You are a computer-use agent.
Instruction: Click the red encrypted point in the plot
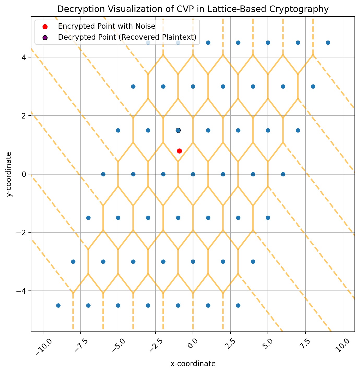pos(179,151)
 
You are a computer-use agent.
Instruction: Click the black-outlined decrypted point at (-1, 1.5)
pos(178,130)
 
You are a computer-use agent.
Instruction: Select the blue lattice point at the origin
pos(193,174)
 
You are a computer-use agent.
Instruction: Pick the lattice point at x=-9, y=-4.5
pos(58,305)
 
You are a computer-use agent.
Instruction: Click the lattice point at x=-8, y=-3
pos(73,262)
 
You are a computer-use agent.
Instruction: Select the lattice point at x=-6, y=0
pos(103,174)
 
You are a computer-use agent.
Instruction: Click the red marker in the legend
pos(45,26)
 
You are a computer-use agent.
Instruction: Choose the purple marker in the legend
pos(45,37)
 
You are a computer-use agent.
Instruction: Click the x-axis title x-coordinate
pos(193,364)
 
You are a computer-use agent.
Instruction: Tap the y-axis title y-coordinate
pos(9,174)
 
